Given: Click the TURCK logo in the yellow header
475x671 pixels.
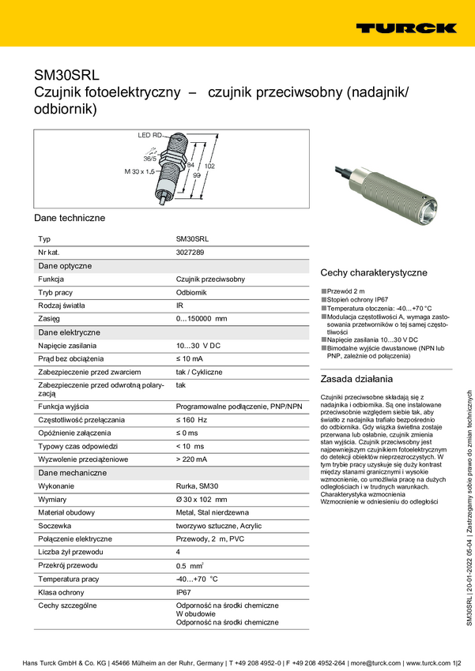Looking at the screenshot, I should (x=405, y=28).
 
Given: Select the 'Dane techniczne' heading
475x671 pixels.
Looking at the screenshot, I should (x=70, y=217).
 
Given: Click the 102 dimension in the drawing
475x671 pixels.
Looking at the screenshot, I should (x=209, y=167).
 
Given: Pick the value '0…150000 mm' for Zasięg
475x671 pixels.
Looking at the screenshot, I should (x=201, y=318).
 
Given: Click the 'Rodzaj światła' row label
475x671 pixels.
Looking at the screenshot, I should (x=62, y=305).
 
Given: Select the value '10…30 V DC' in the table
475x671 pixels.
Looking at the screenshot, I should (x=198, y=345).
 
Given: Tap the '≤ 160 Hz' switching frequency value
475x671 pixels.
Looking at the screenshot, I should (x=191, y=419).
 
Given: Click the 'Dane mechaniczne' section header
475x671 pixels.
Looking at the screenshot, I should (x=73, y=472).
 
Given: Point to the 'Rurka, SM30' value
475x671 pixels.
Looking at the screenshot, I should (x=197, y=486).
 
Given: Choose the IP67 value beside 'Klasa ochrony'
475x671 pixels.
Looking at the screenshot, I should (x=184, y=590).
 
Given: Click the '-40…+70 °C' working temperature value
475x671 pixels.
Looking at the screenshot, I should (x=196, y=578).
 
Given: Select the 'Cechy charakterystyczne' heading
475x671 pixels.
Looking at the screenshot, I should (x=373, y=272).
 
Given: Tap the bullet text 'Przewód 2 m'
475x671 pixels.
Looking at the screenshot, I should (x=345, y=291).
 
